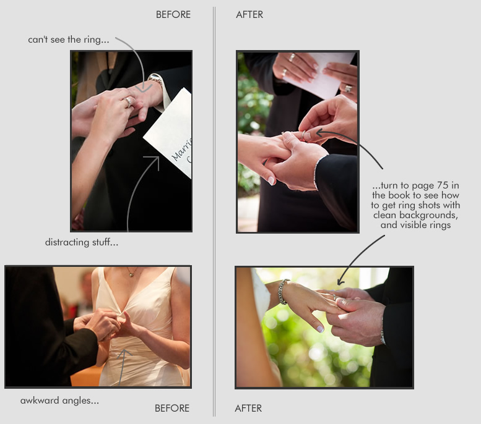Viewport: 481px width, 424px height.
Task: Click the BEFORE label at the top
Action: coord(173,14)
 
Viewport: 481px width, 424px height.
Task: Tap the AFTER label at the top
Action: coord(249,14)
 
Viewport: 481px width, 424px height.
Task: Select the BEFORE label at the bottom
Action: coord(172,408)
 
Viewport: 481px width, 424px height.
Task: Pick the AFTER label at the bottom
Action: coord(248,408)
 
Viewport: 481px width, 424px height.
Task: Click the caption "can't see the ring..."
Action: coord(69,40)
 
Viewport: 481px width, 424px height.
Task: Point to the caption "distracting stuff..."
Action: coord(82,242)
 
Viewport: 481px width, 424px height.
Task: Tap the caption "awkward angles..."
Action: coord(59,401)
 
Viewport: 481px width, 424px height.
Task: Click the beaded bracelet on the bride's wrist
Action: coord(283,291)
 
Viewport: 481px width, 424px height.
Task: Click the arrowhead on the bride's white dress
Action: coord(124,354)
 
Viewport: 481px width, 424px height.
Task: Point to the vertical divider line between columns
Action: coord(214,211)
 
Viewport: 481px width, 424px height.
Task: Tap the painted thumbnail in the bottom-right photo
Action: coord(320,329)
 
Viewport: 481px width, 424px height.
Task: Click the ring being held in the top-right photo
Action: coord(303,135)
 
